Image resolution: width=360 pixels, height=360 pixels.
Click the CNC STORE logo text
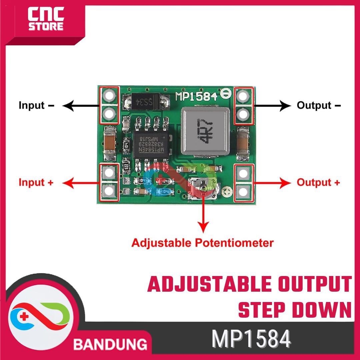point(46,20)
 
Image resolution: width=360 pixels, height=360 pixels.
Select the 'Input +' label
point(36,182)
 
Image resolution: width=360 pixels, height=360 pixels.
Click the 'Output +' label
point(318,182)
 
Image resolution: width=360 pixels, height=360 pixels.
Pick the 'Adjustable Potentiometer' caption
point(202,242)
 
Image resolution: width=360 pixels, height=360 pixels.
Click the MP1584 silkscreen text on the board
point(197,96)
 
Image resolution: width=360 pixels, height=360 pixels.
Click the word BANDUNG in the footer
point(110,343)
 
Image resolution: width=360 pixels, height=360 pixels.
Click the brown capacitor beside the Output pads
point(243,143)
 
